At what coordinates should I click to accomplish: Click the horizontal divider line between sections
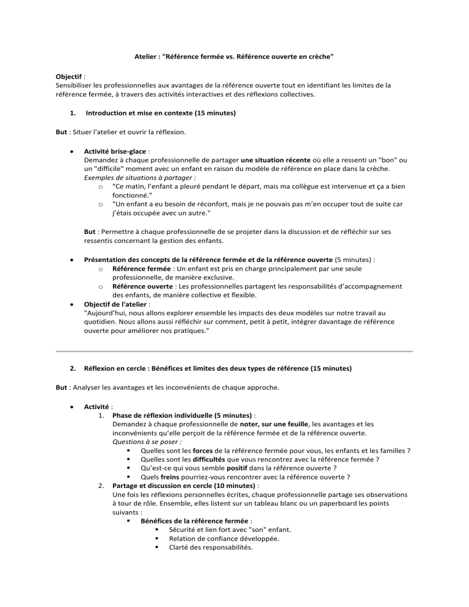[234, 351]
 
